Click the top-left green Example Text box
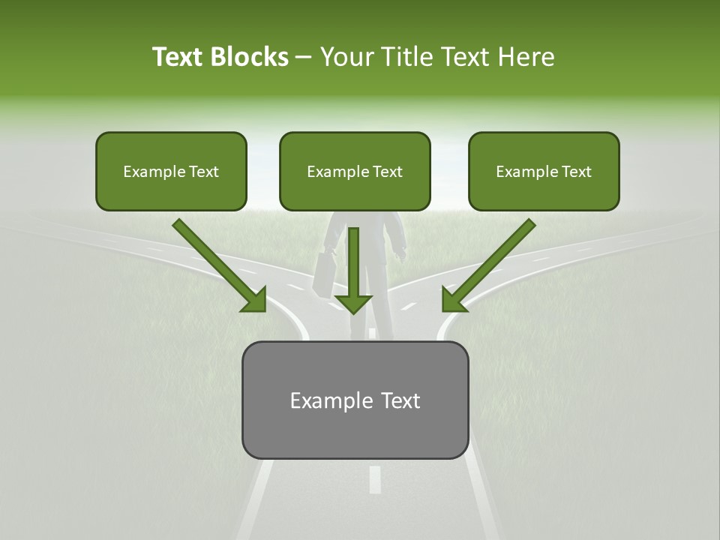(x=171, y=171)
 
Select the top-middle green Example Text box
(x=355, y=171)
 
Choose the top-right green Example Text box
(x=544, y=171)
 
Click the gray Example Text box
(x=355, y=400)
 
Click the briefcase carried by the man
(x=325, y=274)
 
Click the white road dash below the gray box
(x=374, y=478)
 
